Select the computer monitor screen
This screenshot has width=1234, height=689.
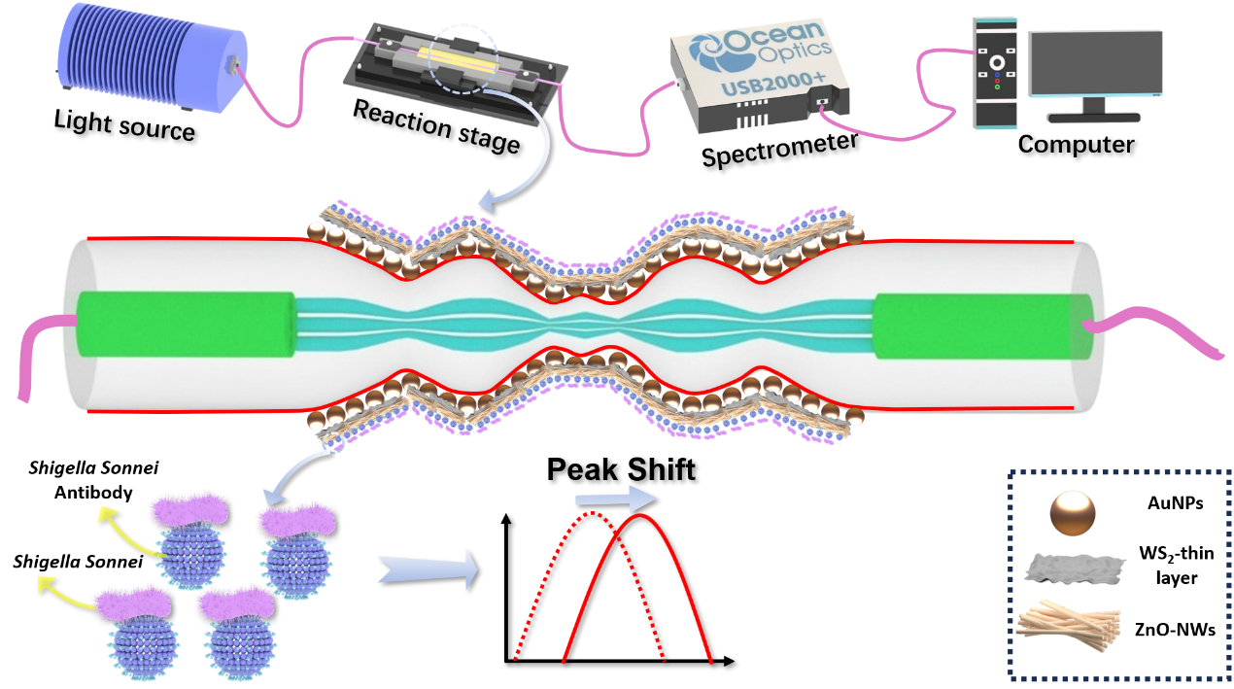1095,62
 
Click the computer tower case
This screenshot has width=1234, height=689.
996,73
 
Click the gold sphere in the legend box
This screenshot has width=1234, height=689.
1072,512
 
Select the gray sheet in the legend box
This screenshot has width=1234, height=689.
1075,568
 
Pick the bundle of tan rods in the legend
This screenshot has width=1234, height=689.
1069,623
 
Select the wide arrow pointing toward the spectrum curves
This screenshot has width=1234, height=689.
428,568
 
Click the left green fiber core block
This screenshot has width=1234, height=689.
185,324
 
